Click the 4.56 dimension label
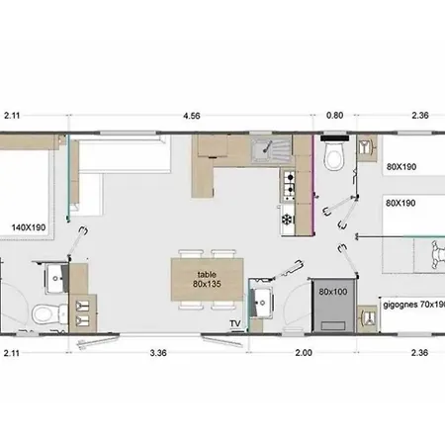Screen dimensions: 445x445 coord(192,116)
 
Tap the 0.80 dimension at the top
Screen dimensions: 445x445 coord(334,116)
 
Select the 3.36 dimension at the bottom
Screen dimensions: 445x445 coord(158,353)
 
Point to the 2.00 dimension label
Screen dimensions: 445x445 coord(304,353)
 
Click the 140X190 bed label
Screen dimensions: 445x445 coord(29,227)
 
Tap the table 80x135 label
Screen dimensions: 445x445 coord(207,279)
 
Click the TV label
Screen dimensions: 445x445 coord(235,323)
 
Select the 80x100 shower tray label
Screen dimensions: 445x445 coord(333,292)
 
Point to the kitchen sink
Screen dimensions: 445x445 coord(271,150)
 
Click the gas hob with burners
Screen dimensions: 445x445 coord(288,185)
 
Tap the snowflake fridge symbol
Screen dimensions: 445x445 coord(287,220)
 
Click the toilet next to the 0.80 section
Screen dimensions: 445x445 coord(334,153)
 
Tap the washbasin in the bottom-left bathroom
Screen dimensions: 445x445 coord(56,279)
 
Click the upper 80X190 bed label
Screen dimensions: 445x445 coord(401,167)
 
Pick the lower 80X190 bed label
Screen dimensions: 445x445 coord(400,203)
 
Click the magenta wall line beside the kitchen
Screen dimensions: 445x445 coord(313,185)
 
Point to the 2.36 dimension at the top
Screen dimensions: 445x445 coord(420,116)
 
